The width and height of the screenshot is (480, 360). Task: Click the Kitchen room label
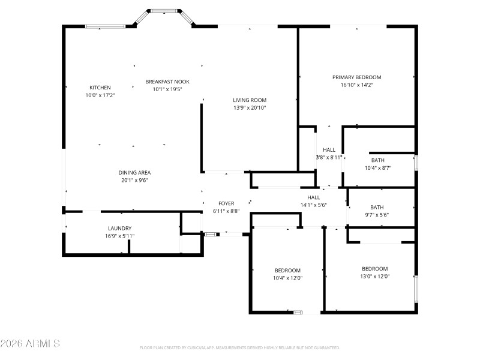tap(100, 88)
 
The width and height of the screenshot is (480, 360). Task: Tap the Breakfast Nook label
tap(167, 82)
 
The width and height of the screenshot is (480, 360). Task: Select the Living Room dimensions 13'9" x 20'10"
tap(250, 108)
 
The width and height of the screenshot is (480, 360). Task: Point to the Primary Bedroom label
tap(357, 77)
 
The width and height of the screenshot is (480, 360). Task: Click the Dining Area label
tap(134, 172)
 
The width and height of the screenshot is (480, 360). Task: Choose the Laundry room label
tap(119, 228)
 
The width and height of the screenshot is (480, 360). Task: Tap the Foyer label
tap(226, 204)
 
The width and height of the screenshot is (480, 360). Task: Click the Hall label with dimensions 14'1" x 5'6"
tap(314, 197)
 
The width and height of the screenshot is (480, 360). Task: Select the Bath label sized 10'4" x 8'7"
tap(378, 160)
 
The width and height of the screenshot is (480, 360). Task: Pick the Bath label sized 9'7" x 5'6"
tap(377, 207)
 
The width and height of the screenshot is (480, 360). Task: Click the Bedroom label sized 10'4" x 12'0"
tap(288, 271)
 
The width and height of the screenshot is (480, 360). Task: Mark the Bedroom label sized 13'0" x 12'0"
tap(375, 269)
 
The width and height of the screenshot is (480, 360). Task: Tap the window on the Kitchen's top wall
tap(105, 26)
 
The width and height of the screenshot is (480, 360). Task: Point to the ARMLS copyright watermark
tap(30, 344)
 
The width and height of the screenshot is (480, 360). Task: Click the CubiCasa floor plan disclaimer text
tap(240, 347)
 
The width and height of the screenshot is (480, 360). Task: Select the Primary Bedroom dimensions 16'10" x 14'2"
tap(357, 85)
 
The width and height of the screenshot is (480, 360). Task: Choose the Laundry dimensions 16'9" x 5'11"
tap(119, 236)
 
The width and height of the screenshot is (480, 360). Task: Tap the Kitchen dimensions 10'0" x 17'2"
tap(100, 95)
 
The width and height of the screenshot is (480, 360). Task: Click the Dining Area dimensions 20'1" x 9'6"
tap(134, 179)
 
